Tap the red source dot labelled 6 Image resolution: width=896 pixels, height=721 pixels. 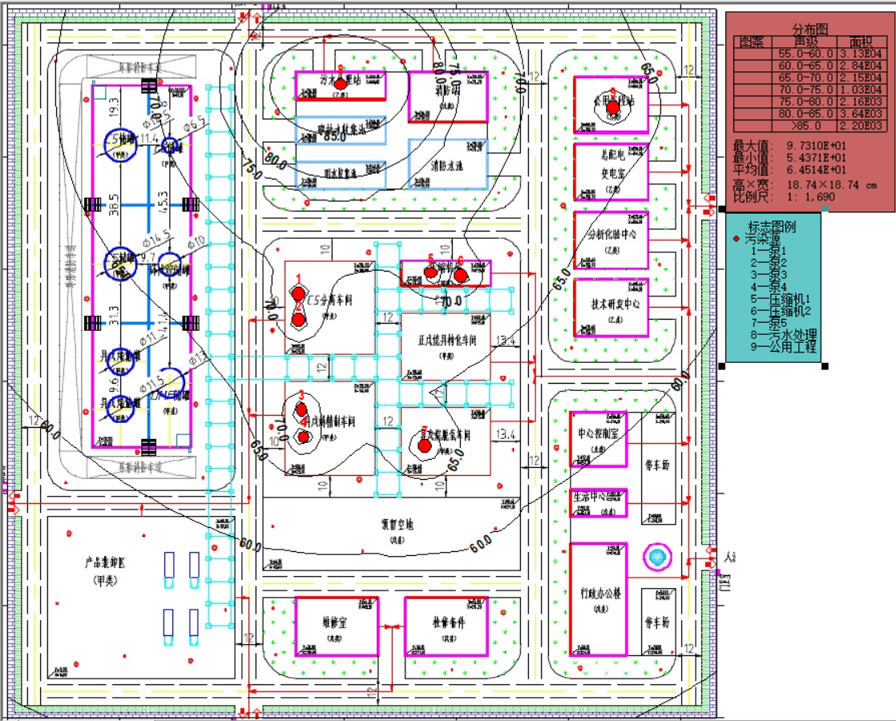click(x=461, y=275)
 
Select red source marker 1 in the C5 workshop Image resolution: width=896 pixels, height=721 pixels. click(x=298, y=295)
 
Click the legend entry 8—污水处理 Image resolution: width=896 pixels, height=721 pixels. click(x=783, y=334)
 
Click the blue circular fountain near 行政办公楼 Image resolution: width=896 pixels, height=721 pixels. click(x=657, y=557)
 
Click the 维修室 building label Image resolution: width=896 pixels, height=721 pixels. click(x=336, y=622)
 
